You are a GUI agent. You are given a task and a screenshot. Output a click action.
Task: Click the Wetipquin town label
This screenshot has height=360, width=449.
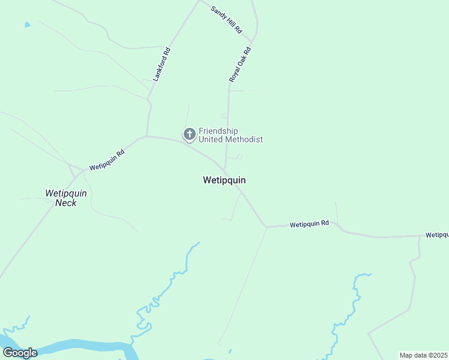point(224,180)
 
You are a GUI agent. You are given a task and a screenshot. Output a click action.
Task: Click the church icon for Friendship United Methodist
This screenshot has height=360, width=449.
point(189,134)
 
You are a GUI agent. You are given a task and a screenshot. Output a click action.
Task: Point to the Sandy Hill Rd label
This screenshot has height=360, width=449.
point(226,20)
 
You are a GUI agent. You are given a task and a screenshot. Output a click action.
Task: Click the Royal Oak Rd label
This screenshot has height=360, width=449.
point(239,65)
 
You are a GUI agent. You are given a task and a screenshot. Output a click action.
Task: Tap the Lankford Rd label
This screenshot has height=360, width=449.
point(161,64)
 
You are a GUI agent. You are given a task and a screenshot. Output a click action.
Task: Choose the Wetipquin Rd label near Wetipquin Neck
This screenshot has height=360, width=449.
point(106,160)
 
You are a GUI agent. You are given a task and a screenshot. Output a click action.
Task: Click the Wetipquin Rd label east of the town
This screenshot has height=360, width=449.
point(309,224)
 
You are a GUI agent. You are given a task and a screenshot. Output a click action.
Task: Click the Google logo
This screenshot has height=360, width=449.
point(20,353)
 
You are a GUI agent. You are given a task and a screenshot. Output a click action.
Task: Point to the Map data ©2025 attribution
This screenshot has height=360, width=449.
point(423,355)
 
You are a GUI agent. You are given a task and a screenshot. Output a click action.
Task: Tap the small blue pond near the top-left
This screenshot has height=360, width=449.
point(27,25)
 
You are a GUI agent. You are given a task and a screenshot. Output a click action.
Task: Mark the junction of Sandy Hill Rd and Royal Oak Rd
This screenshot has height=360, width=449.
point(253,43)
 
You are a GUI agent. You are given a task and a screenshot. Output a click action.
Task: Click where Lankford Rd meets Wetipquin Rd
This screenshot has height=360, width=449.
point(146,136)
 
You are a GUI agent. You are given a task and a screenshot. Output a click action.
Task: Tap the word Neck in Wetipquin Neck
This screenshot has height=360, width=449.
point(66,203)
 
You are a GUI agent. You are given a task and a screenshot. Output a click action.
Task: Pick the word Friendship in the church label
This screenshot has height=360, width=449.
point(218,131)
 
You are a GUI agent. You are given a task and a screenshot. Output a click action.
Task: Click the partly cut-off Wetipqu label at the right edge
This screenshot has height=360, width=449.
point(437,235)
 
